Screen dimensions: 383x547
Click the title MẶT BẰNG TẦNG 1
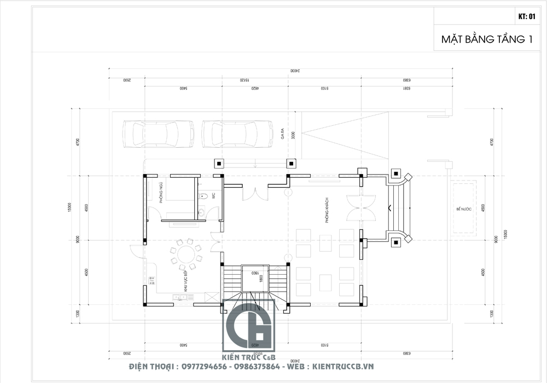coord(487,40)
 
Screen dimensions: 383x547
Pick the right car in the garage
coord(238,134)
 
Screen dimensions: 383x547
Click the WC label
coord(214,195)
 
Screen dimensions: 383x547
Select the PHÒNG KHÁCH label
coord(327,211)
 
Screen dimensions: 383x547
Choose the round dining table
coord(184,254)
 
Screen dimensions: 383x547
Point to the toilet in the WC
coord(203,195)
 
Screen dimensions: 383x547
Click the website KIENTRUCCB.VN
coord(342,366)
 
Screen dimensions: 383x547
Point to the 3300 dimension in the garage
coord(293,136)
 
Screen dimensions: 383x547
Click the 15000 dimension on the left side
coord(71,208)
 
